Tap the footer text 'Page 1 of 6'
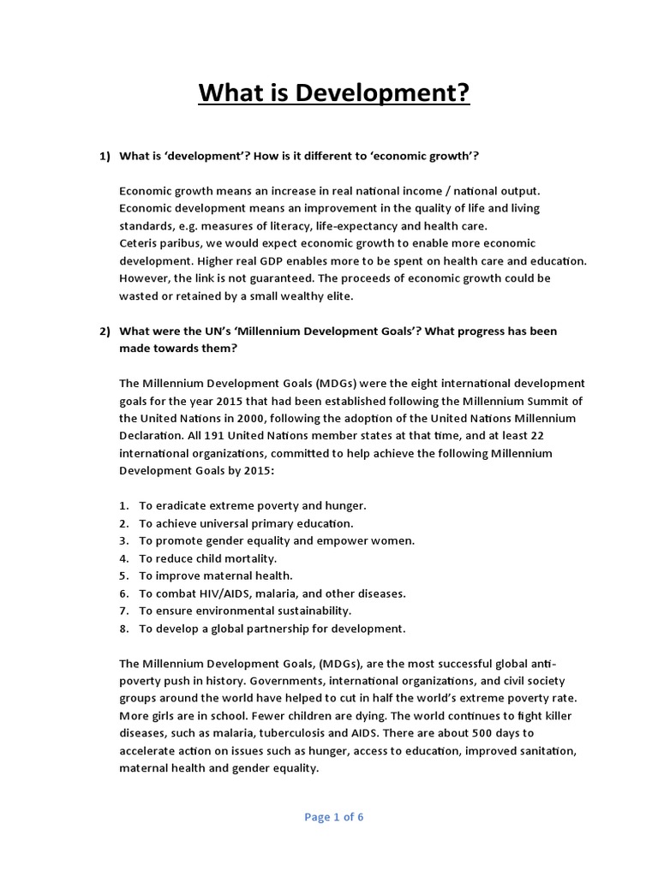(334, 817)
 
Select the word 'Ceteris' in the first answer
(138, 242)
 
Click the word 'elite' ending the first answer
(335, 295)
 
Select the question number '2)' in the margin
(105, 331)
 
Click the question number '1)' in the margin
(105, 155)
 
